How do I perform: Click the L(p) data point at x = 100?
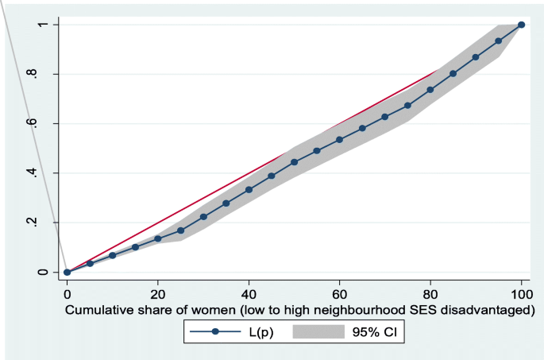pos(521,25)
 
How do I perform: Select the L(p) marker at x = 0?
pos(68,272)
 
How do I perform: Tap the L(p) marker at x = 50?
pos(294,162)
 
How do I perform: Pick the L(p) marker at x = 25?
pos(181,230)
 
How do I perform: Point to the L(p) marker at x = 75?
pos(407,105)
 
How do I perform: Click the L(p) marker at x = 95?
pos(499,41)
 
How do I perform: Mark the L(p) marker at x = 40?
pos(249,189)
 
